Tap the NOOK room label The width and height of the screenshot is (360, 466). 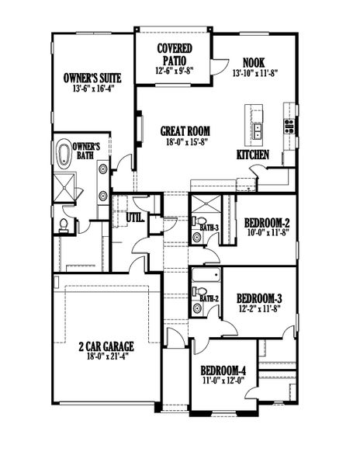tap(254, 62)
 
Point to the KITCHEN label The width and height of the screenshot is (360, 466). tap(253, 155)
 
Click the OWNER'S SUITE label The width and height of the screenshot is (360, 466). tap(93, 78)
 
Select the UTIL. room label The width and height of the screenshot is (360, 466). tap(134, 218)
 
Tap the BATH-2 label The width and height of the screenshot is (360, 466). tap(208, 298)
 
